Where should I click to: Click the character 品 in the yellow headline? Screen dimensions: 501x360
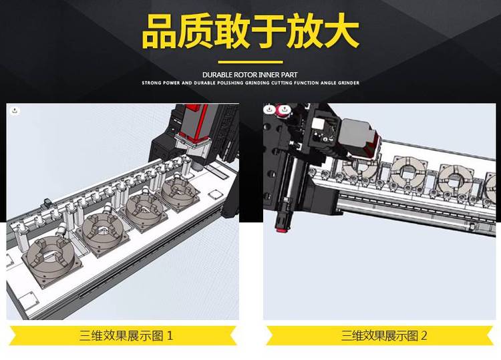pyautogui.click(x=160, y=31)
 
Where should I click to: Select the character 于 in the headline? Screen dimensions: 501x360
pyautogui.click(x=269, y=31)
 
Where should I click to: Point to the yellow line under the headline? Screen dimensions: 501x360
pyautogui.click(x=251, y=62)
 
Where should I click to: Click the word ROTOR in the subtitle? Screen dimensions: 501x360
pyautogui.click(x=245, y=75)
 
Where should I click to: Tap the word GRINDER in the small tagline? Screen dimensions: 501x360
pyautogui.click(x=348, y=83)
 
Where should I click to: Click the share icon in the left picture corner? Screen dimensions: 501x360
pyautogui.click(x=15, y=111)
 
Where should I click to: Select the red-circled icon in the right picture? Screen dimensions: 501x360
pyautogui.click(x=283, y=110)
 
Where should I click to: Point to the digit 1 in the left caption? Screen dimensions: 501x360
pyautogui.click(x=170, y=336)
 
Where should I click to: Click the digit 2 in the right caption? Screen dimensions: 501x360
pyautogui.click(x=424, y=336)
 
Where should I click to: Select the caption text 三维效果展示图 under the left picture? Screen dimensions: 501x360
pyautogui.click(x=122, y=336)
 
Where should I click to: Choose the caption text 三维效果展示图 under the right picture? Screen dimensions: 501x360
pyautogui.click(x=379, y=336)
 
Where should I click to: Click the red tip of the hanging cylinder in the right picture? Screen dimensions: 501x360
pyautogui.click(x=281, y=230)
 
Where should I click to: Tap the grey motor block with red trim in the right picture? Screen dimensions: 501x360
pyautogui.click(x=359, y=138)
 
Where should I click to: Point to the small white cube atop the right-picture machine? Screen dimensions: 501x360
pyautogui.click(x=318, y=124)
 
